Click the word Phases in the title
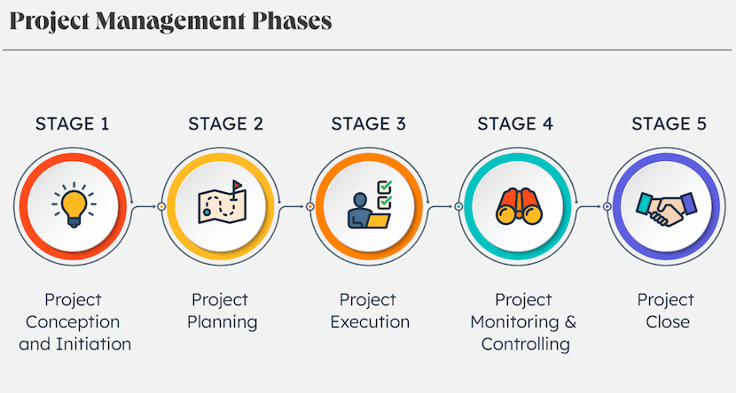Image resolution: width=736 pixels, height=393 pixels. pos(292,21)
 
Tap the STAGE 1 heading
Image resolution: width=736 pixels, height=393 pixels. pos(73,124)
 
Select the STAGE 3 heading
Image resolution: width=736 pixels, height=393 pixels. pos(369,124)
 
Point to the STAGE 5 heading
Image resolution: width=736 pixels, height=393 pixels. pos(669,124)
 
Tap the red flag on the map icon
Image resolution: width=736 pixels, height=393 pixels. pos(238,185)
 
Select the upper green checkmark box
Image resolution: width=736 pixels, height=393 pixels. pos(385,188)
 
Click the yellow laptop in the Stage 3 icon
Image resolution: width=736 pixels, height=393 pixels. pos(379,220)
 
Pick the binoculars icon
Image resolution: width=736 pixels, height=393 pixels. pos(519,205)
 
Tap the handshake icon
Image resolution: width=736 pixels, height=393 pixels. pos(667,208)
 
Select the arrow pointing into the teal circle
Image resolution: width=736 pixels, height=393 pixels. pos(441,206)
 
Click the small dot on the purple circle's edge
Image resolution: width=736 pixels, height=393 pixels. pos(607,206)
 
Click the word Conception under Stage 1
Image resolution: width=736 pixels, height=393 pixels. pos(73,322)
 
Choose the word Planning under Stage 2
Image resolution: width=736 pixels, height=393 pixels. pos(222,322)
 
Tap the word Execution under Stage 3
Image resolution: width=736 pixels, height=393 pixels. pos(370,322)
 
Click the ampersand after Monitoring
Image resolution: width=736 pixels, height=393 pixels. pos(570,322)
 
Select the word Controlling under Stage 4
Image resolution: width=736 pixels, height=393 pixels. pos(525,344)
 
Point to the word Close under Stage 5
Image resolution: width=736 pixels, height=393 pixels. pos(667,322)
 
